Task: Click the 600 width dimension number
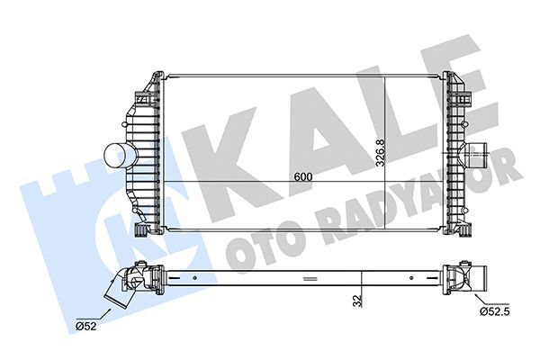click(x=303, y=176)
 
